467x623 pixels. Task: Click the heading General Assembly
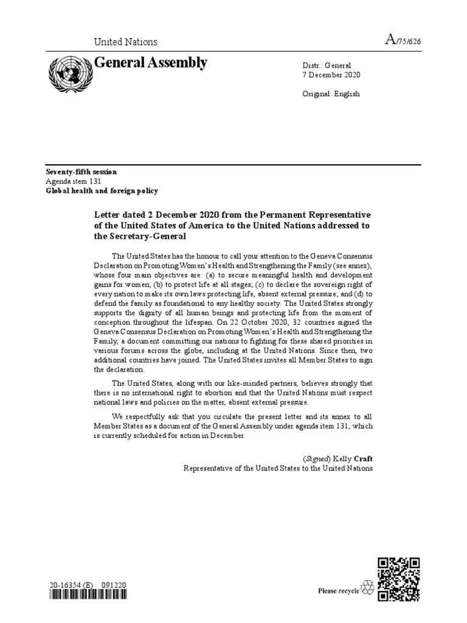pos(151,63)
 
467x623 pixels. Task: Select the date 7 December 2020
pos(331,75)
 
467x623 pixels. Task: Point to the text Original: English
pos(331,94)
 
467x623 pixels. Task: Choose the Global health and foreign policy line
pos(102,190)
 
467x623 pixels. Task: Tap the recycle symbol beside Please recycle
pos(368,588)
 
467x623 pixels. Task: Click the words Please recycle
pos(339,590)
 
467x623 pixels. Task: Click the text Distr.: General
pos(327,65)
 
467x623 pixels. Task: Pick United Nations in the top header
pos(125,42)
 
